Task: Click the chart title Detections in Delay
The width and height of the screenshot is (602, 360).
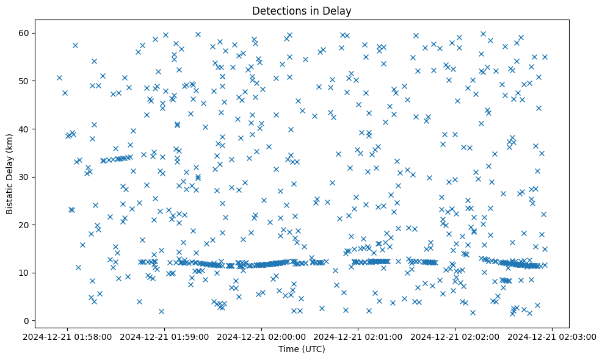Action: click(x=302, y=10)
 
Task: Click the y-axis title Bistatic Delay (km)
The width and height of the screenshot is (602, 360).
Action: click(x=10, y=174)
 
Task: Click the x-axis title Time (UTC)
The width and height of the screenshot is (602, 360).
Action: click(x=302, y=349)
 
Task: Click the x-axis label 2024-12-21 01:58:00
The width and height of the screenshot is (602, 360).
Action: click(x=68, y=336)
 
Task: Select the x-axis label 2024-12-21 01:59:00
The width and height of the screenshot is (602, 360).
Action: click(x=165, y=336)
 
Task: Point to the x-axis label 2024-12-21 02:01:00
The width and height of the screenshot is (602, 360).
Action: click(x=359, y=336)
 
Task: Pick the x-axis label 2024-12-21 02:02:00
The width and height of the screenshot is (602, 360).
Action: click(x=455, y=336)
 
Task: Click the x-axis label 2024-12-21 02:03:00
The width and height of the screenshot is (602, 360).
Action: click(x=553, y=336)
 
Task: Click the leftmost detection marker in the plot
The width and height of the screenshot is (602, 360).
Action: click(x=59, y=77)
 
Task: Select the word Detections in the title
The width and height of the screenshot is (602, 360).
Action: click(x=277, y=10)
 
